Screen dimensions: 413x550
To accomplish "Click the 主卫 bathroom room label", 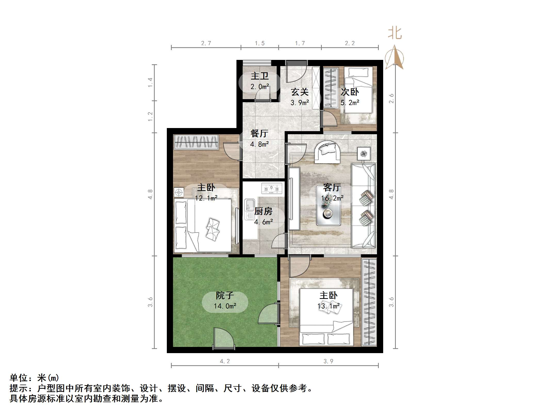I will [x=260, y=76].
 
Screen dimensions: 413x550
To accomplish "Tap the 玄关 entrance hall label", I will [x=300, y=92].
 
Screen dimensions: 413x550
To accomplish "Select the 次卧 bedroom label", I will [x=350, y=92].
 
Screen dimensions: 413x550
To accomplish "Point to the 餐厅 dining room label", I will [x=259, y=133].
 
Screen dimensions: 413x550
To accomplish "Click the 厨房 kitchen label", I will [x=263, y=211].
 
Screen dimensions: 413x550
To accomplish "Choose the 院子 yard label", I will [x=225, y=295].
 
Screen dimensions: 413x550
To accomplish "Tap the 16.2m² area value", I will [x=332, y=198].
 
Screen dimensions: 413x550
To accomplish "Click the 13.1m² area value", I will [x=328, y=306].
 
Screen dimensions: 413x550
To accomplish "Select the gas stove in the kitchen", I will [x=272, y=188].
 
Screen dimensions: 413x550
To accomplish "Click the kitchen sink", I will [x=249, y=209].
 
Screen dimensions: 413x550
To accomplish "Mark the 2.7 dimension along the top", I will [x=206, y=43].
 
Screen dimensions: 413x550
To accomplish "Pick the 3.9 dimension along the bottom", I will [x=328, y=361].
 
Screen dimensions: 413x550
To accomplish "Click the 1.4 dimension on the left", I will [x=150, y=82].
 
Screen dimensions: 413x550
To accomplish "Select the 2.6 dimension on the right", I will [x=391, y=98].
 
